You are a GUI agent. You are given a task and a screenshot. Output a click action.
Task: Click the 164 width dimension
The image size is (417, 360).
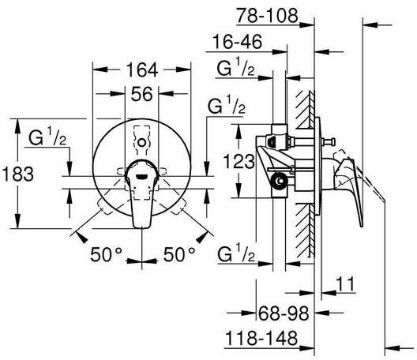tap(142, 70)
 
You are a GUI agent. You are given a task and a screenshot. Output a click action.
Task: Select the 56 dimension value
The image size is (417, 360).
tap(142, 94)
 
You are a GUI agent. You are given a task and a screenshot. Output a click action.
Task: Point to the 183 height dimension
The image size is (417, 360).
tap(17, 174)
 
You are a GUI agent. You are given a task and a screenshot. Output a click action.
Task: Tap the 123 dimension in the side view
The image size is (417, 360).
tap(239, 161)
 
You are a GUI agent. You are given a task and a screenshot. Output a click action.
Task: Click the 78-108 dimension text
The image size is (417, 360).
tap(267, 16)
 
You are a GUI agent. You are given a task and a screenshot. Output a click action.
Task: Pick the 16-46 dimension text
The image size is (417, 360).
tap(237, 42)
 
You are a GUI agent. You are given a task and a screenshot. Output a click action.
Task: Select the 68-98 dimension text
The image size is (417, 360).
tap(284, 313)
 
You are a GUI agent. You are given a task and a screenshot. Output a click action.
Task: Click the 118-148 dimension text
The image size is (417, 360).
tap(261, 338)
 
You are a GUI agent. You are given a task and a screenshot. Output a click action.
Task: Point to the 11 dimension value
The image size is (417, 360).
tap(345, 284)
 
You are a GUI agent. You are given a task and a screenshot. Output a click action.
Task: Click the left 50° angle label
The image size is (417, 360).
tap(106, 254)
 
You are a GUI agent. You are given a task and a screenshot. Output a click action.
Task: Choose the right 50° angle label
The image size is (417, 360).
tap(179, 254)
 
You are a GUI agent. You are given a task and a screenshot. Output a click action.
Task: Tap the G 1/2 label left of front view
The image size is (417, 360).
tap(47, 136)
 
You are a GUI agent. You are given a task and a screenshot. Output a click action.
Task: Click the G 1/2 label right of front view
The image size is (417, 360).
tap(227, 104)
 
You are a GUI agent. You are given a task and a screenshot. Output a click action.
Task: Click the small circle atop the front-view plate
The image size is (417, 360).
tap(141, 143)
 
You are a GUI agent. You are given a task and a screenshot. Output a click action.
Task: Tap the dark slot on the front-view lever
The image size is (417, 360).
tap(141, 176)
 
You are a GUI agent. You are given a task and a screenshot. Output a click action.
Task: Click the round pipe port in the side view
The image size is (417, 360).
tap(279, 182)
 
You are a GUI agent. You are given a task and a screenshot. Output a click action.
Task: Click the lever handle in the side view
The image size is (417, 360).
tap(349, 186)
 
